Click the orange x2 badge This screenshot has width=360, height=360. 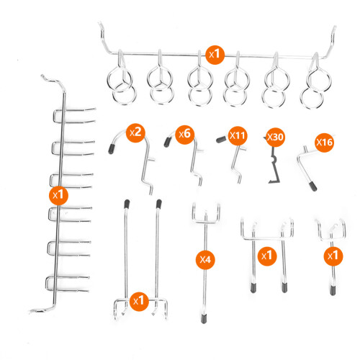click(136, 133)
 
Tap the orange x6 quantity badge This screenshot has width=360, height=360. click(185, 135)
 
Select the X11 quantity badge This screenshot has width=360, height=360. click(238, 136)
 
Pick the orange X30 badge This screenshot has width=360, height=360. click(275, 138)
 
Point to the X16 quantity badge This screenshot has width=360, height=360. click(325, 143)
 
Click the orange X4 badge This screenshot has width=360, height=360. click(205, 259)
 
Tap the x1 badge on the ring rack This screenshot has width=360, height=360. click(215, 55)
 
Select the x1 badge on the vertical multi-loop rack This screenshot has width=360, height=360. click(58, 195)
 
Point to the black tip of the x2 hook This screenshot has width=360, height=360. click(112, 149)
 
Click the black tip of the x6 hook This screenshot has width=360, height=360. click(167, 142)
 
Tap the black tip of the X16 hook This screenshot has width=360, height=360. click(312, 186)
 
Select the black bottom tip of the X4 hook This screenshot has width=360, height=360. click(204, 319)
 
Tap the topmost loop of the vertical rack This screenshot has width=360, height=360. click(54, 116)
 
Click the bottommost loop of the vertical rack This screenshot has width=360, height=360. click(47, 284)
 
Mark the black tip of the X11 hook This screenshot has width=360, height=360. click(221, 140)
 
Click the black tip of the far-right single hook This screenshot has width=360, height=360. click(333, 290)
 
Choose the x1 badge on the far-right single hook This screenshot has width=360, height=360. click(333, 256)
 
